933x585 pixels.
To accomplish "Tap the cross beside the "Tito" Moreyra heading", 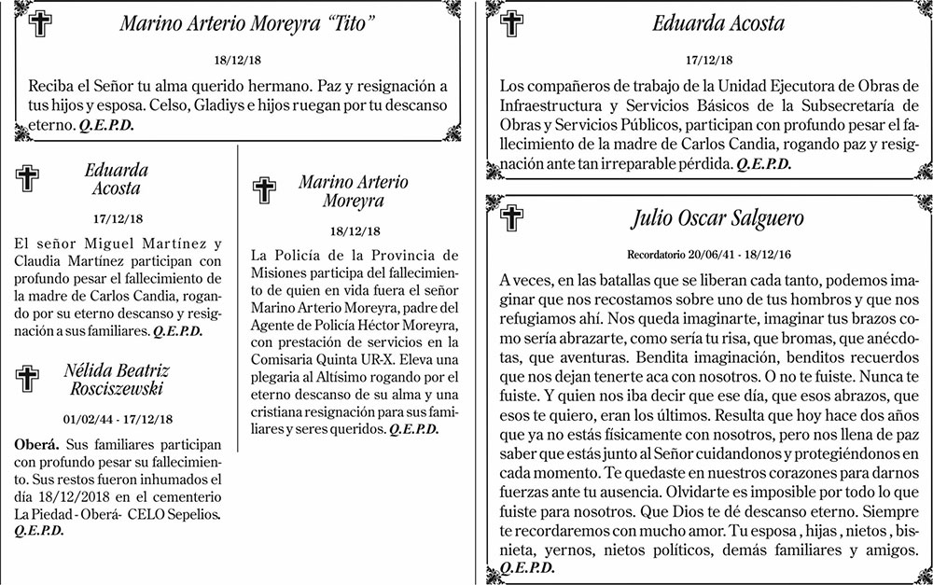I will (40, 25).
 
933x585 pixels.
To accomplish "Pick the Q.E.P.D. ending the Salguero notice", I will (527, 567).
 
